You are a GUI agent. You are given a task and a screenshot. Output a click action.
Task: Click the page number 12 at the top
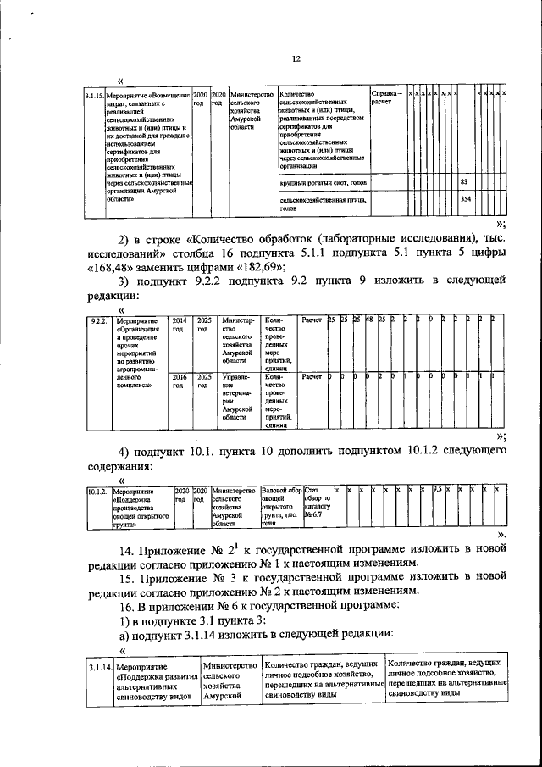(296, 58)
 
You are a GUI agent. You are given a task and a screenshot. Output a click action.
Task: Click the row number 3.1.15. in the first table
(94, 97)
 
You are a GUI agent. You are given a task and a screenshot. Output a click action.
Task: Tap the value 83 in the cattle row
(464, 182)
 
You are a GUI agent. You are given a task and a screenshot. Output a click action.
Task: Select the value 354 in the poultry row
(465, 199)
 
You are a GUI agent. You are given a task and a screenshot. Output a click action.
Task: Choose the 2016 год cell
(180, 381)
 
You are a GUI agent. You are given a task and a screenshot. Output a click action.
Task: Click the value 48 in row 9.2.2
(369, 320)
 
